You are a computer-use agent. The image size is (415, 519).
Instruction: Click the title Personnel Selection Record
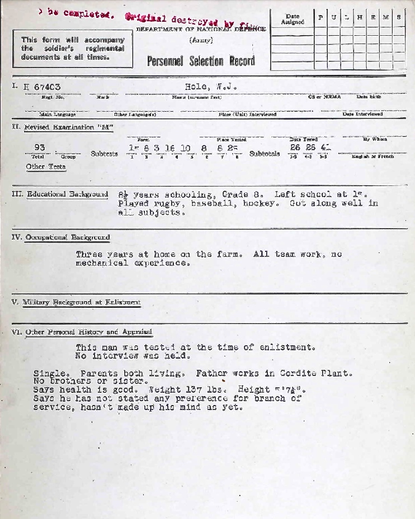201,61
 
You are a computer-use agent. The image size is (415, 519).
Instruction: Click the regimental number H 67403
42,87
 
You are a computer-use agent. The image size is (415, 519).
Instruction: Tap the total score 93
39,147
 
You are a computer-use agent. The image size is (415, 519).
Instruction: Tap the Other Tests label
46,166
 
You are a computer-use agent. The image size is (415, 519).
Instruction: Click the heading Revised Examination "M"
69,127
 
